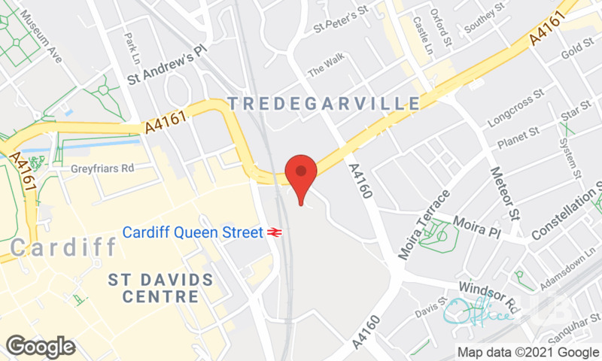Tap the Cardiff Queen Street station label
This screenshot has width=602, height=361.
coord(192,232)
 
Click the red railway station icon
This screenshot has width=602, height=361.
coord(273,233)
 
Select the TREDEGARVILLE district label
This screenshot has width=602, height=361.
coord(323,102)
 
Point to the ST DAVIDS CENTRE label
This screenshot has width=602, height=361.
coord(161,287)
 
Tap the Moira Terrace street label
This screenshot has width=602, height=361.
coord(424,224)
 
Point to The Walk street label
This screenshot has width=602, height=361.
coord(324,71)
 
